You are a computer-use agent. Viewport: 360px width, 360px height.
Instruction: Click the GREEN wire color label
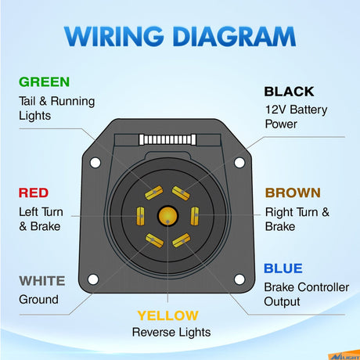tap(44, 82)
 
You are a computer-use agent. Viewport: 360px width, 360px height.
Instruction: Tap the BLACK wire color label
tap(289, 92)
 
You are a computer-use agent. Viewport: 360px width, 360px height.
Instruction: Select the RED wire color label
tap(34, 193)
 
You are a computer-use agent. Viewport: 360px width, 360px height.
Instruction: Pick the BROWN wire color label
tap(293, 193)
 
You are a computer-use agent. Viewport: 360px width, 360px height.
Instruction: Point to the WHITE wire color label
tap(42, 281)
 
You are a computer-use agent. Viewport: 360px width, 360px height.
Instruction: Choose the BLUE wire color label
tap(283, 268)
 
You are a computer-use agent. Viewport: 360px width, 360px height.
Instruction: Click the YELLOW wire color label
tap(167, 315)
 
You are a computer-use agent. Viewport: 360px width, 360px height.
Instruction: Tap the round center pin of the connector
tap(167, 216)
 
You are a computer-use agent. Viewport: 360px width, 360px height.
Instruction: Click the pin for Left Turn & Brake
tap(141, 216)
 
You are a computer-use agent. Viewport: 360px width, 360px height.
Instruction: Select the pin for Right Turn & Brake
tap(195, 216)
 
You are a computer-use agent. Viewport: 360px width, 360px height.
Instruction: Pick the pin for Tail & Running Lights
tap(154, 193)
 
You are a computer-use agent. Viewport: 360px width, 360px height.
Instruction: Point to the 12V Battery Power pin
tap(181, 193)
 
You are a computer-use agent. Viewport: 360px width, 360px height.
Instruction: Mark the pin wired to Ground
tap(154, 240)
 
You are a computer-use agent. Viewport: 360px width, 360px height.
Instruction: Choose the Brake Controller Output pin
tap(182, 240)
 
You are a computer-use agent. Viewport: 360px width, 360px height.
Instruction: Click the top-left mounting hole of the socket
tap(95, 163)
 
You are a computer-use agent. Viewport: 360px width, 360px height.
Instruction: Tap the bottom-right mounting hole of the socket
tap(239, 279)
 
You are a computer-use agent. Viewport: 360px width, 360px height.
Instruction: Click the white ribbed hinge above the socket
tap(167, 139)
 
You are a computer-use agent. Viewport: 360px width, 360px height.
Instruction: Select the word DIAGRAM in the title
tap(234, 36)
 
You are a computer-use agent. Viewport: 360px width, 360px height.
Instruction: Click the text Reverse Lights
tap(171, 333)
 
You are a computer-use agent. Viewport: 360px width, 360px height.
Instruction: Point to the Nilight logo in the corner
tap(344, 357)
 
